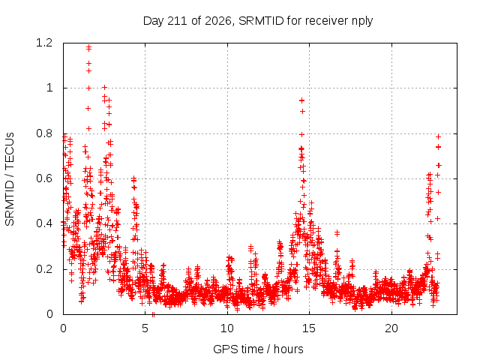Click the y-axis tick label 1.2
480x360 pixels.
(x=44, y=43)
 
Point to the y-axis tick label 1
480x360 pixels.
(x=49, y=88)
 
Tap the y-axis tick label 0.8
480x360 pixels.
(x=44, y=133)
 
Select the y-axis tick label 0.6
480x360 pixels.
(x=44, y=178)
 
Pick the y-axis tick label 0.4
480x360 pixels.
(x=44, y=223)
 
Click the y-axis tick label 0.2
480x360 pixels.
(x=44, y=269)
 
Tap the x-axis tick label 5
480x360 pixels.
(x=145, y=328)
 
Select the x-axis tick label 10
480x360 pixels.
(x=227, y=328)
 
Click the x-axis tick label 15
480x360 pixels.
(x=309, y=328)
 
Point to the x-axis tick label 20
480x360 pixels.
(x=391, y=328)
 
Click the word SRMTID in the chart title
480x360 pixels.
(x=261, y=21)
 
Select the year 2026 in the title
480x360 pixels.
(x=218, y=21)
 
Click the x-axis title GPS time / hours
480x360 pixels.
(x=258, y=349)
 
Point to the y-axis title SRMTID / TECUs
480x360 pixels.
(x=10, y=179)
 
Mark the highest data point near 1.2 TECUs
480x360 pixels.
(x=88, y=47)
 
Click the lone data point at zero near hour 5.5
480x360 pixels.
(x=153, y=315)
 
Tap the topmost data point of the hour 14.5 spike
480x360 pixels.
(x=301, y=100)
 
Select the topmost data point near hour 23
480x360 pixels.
(x=438, y=136)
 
